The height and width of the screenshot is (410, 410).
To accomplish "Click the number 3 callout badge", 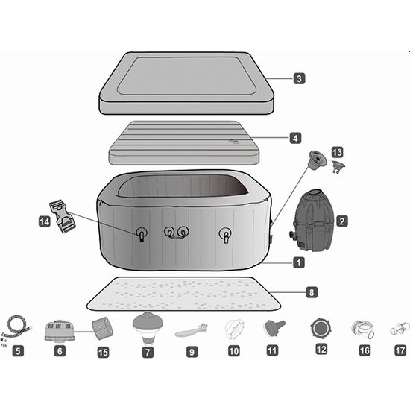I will pyautogui.click(x=298, y=78).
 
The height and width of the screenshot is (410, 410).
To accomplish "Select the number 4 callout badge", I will pyautogui.click(x=296, y=138).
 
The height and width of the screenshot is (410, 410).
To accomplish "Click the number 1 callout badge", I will pyautogui.click(x=298, y=262).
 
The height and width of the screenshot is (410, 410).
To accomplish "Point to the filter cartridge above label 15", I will pyautogui.click(x=101, y=327).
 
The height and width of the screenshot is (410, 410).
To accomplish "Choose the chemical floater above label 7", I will pyautogui.click(x=147, y=325).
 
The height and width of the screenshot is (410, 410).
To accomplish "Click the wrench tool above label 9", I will pyautogui.click(x=191, y=329).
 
